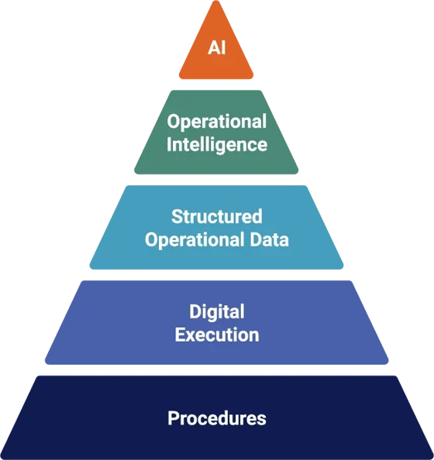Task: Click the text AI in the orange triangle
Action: click(x=217, y=47)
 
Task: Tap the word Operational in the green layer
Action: click(x=217, y=121)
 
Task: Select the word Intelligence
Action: click(x=217, y=144)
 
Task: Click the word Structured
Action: click(x=217, y=217)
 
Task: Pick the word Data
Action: click(x=269, y=239)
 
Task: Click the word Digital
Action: click(x=217, y=311)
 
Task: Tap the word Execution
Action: click(x=217, y=335)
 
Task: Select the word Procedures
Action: click(x=217, y=417)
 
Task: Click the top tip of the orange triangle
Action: click(x=216, y=1)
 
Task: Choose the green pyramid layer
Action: click(x=216, y=132)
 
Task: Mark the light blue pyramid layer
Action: click(x=216, y=228)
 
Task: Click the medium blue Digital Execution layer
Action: click(x=217, y=322)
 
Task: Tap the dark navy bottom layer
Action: click(x=217, y=417)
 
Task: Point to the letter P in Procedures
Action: click(x=173, y=417)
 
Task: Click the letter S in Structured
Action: click(x=177, y=217)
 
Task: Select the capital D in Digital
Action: click(x=195, y=311)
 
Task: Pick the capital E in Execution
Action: click(x=180, y=335)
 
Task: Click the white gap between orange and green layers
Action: click(x=216, y=84)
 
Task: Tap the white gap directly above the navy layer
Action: click(x=217, y=370)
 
